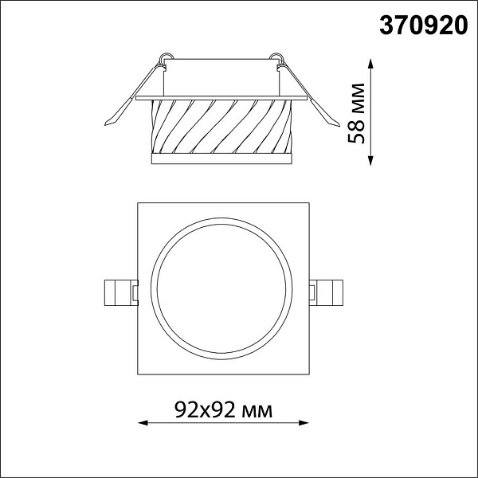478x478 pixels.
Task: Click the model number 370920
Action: pos(424,25)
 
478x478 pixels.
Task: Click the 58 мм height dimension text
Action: pos(356,113)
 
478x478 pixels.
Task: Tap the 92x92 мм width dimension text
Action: pos(223,409)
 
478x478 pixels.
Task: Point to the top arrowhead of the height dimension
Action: pos(370,64)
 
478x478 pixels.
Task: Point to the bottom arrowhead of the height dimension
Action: pos(370,161)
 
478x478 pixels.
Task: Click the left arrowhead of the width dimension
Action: pos(143,423)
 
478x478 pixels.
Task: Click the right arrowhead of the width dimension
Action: pos(304,423)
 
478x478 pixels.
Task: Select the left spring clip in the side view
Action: pos(134,95)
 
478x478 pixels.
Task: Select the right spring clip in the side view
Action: pos(308,95)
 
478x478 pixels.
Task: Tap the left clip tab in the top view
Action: pos(121,292)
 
